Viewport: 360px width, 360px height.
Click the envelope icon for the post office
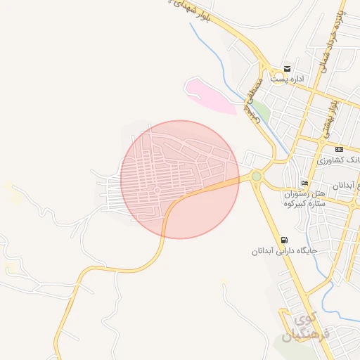[287, 68]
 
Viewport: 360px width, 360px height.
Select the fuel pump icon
[283, 239]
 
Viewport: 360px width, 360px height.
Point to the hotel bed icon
[304, 183]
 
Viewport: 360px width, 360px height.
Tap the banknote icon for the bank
[339, 149]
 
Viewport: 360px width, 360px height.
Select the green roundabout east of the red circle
[257, 176]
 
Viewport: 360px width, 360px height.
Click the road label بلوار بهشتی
[328, 117]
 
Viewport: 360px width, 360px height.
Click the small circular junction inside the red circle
[158, 190]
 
